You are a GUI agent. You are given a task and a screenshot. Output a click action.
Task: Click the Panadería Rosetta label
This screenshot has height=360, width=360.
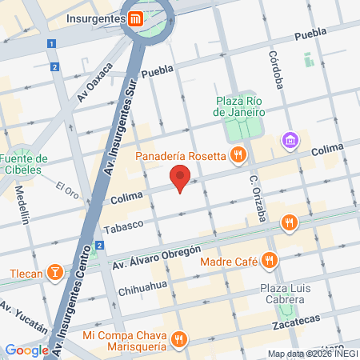click(x=180, y=156)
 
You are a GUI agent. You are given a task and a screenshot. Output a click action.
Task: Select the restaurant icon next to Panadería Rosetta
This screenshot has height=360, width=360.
click(x=237, y=155)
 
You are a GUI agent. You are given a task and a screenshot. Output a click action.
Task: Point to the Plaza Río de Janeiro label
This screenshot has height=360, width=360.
click(x=238, y=106)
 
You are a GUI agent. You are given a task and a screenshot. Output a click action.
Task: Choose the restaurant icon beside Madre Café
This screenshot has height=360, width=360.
click(x=270, y=259)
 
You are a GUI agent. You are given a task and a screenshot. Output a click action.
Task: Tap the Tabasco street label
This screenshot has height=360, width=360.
click(x=122, y=225)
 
